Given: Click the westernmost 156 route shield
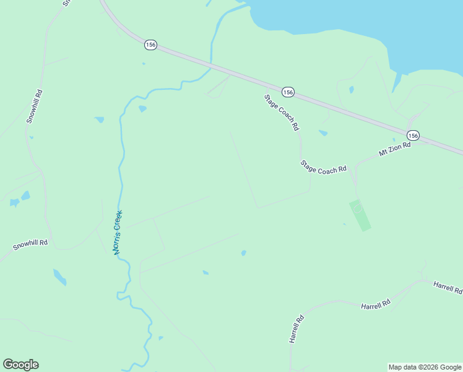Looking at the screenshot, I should pos(151,45).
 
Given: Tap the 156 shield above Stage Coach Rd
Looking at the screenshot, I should pos(288,92).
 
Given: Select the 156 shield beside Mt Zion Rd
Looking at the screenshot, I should pos(413,135).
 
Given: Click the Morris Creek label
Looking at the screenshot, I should pos(118,232).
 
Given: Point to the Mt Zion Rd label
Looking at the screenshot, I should pos(395,149).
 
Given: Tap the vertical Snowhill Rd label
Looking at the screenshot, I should pos(35,107).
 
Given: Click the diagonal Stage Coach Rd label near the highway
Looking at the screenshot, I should pos(282,112).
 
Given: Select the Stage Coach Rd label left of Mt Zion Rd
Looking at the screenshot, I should pos(323,167).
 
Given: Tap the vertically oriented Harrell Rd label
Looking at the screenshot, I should pos(296,329).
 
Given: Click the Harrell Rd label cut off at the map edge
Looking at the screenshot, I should pos(448,287).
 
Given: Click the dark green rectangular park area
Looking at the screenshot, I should pos(360,215).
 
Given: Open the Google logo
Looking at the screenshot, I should pos(20,365).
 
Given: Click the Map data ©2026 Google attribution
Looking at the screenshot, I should pos(425,367).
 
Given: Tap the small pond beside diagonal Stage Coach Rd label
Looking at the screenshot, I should pos(322,133).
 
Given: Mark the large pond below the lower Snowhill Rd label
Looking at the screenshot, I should pos(59,277).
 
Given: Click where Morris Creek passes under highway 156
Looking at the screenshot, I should pos(212,63).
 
